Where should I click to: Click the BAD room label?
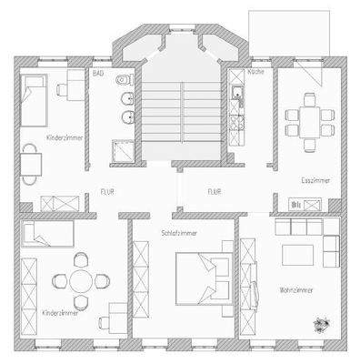pyautogui.click(x=98, y=71)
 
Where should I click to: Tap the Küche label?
pyautogui.click(x=255, y=71)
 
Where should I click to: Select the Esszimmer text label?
pyautogui.click(x=314, y=182)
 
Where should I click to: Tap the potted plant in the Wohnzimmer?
pyautogui.click(x=323, y=322)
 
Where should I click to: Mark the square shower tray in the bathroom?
pyautogui.click(x=119, y=153)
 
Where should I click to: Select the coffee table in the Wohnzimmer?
pyautogui.click(x=296, y=254)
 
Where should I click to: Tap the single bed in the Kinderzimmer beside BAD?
pyautogui.click(x=35, y=101)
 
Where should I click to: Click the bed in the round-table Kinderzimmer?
pyautogui.click(x=45, y=235)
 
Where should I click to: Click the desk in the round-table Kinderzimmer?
pyautogui.click(x=116, y=313)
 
